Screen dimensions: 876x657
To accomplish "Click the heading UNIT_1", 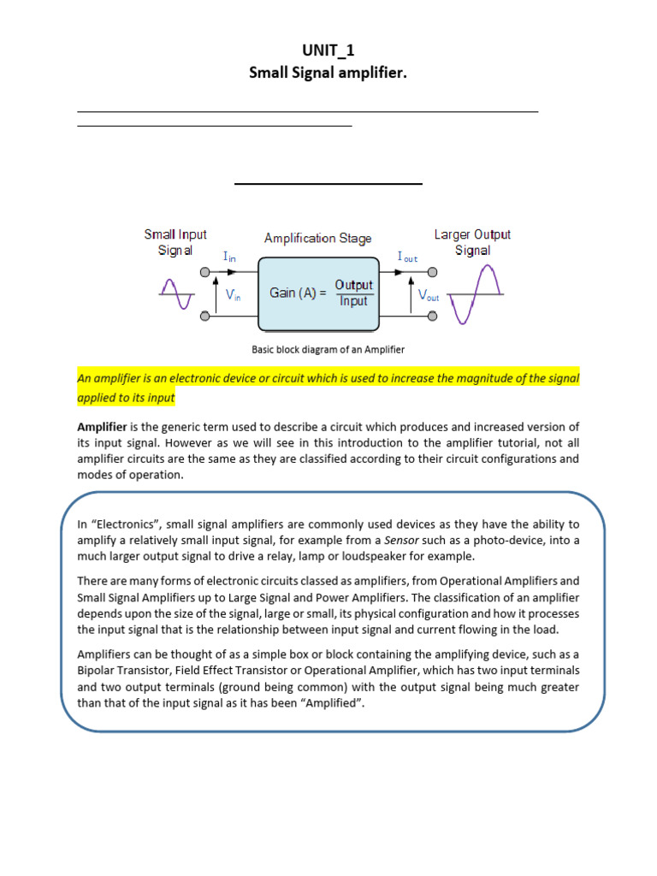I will [x=328, y=50].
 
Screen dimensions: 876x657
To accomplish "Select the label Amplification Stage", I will [x=317, y=238].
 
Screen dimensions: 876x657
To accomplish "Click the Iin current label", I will [x=230, y=256].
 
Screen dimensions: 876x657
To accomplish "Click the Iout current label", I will [x=407, y=256].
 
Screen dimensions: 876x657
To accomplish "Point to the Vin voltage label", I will [x=233, y=294].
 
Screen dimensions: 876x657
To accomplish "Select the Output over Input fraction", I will [x=353, y=293].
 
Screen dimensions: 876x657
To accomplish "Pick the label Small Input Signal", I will [x=175, y=242].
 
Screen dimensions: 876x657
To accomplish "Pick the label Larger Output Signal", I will [x=472, y=242].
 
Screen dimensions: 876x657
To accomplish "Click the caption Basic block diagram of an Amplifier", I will [x=328, y=349].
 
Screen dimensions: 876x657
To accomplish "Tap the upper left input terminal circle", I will [x=204, y=273].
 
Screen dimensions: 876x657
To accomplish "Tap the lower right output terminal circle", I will [x=433, y=317].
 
